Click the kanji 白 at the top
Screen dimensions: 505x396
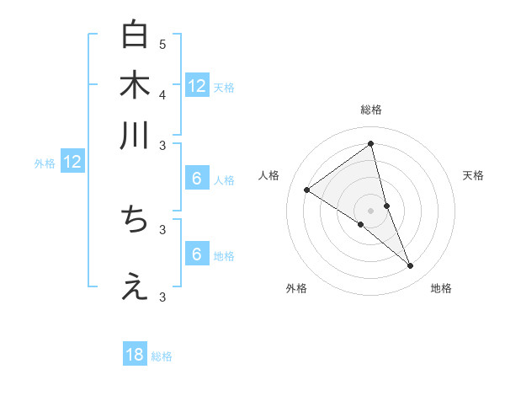135,36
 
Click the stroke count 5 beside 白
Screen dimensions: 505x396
162,44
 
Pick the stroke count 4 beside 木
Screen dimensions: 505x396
162,94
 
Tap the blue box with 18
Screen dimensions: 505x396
135,355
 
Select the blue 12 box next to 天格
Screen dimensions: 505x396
197,85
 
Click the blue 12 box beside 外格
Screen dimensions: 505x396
72,162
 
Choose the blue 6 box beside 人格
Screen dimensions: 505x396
196,178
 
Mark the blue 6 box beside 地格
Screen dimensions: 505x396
196,254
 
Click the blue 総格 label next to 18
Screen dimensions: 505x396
162,356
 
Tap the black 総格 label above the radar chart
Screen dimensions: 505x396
370,110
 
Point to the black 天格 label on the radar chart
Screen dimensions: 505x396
473,175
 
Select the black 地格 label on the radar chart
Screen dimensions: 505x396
441,288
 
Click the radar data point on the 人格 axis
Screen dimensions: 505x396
307,190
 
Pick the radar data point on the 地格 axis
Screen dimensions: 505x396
411,266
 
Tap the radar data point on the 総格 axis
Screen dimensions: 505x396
370,144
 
